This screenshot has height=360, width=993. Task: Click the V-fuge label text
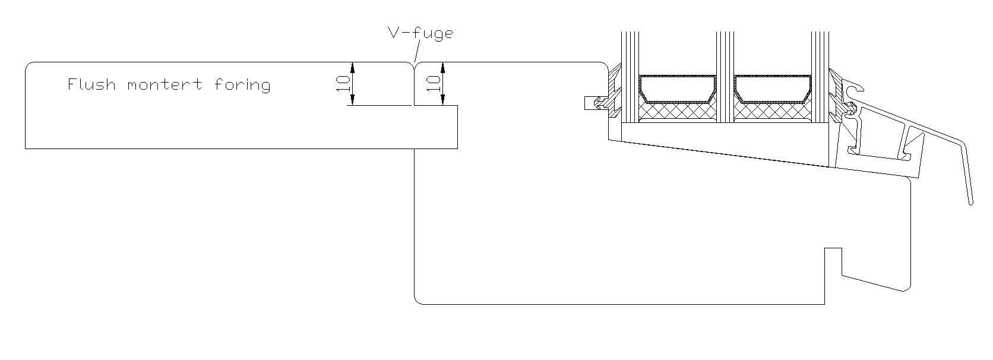pos(420,33)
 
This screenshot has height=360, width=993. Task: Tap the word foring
pos(242,85)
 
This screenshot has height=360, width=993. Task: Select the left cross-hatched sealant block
pos(677,111)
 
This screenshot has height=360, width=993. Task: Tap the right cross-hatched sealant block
pos(773,111)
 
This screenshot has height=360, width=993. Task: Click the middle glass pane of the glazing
pos(725,77)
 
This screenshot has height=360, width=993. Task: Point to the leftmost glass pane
pos(630,77)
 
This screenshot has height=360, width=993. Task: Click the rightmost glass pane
pos(820,77)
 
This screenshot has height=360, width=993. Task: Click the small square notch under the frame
pos(833,261)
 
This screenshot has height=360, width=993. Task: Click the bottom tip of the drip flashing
pos(971,203)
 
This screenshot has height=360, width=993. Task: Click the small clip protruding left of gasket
pos(591,103)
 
